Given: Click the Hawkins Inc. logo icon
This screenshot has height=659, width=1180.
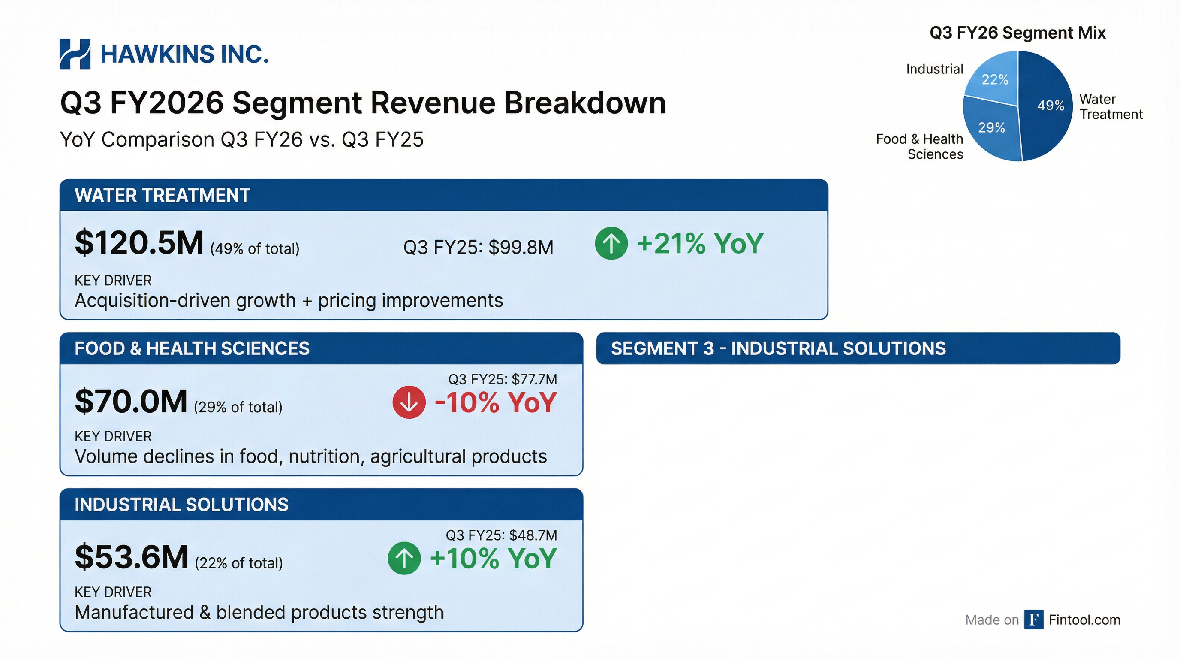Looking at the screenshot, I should point(75,54).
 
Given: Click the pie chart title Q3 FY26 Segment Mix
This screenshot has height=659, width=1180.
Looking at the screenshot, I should point(1017,33).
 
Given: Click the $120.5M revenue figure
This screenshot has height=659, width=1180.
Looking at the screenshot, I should point(139,243).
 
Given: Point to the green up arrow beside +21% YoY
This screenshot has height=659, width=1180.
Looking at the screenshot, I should point(611,243).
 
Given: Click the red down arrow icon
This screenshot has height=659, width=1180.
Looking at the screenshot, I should point(409,402).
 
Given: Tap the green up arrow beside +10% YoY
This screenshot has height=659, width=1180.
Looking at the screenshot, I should point(404,558).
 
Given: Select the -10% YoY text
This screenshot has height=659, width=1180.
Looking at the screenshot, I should point(495,403).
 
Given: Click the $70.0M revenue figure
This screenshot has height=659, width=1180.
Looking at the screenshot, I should point(131,402).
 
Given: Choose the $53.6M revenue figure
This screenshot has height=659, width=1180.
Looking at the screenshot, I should point(132,557).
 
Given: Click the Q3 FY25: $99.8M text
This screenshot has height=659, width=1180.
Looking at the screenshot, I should point(478,248).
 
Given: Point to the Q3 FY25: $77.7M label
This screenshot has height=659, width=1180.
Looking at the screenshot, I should point(503,379).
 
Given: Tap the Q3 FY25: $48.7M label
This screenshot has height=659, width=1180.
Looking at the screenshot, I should point(501,535).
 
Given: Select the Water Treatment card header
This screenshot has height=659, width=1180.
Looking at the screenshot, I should point(443,195).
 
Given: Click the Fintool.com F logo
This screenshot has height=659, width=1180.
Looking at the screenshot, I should point(1034,620).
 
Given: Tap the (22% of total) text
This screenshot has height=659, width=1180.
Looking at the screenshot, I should point(239,563).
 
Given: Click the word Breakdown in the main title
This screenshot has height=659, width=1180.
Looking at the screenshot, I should point(584,103).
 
